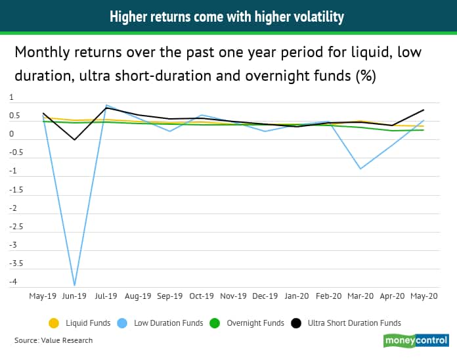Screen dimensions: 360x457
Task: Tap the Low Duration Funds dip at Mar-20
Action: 360,169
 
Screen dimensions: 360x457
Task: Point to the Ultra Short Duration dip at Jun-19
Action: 74,140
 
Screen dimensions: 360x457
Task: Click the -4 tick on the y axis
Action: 13,282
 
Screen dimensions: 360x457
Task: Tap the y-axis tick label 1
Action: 11,97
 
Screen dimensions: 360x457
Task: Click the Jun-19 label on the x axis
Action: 74,296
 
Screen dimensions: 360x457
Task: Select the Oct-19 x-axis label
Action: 202,296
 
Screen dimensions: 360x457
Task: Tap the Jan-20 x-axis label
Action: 297,296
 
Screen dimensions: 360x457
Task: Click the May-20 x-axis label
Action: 424,296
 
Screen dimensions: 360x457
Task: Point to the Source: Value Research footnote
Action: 54,340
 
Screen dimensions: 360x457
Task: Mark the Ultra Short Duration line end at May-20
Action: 424,110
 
